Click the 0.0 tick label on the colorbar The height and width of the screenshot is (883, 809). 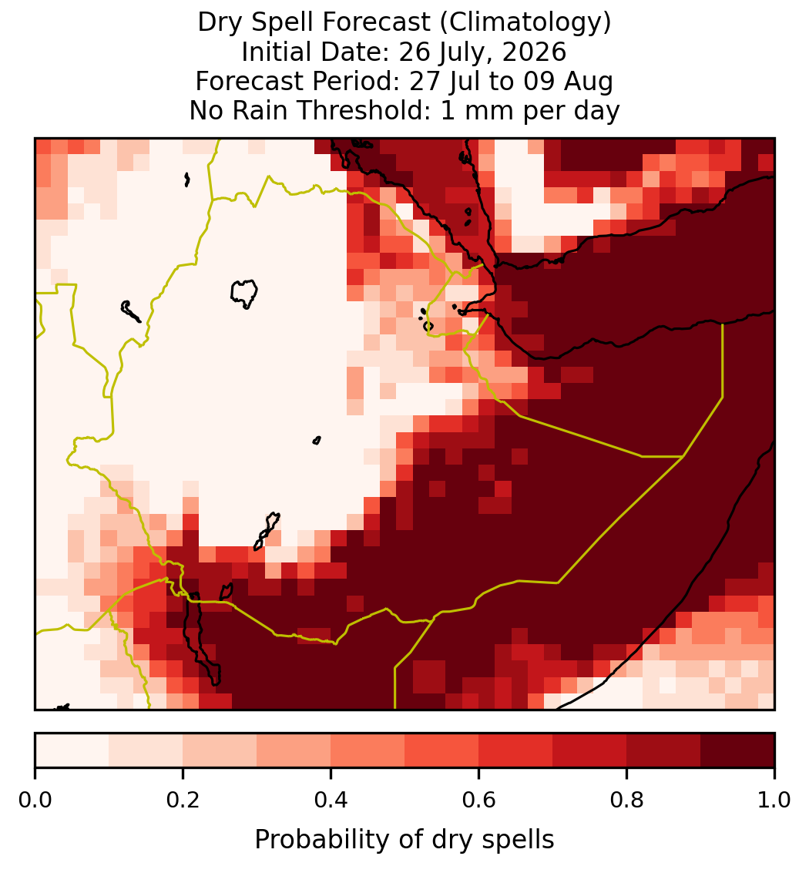coord(35,800)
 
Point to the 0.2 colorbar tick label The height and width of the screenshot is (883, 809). coord(183,800)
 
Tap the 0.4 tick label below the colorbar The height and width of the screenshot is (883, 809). coord(331,800)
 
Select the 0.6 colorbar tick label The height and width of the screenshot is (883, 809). coord(478,800)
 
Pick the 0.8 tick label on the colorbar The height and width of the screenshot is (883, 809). coord(626,800)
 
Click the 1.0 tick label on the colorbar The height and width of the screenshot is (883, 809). coord(774,800)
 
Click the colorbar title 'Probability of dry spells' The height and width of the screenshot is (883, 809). coord(404,840)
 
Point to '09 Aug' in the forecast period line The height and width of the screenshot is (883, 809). coord(568,82)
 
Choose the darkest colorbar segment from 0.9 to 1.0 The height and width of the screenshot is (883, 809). coord(737,750)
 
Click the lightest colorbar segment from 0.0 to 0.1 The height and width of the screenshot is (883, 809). coord(72,750)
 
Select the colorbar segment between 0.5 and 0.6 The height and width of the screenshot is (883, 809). coord(441,750)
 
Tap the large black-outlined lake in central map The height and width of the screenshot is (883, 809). coord(244,293)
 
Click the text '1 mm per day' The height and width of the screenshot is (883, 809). coord(530,110)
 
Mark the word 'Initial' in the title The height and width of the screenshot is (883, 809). coord(277,52)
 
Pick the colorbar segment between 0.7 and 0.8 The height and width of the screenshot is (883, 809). coord(589,750)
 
